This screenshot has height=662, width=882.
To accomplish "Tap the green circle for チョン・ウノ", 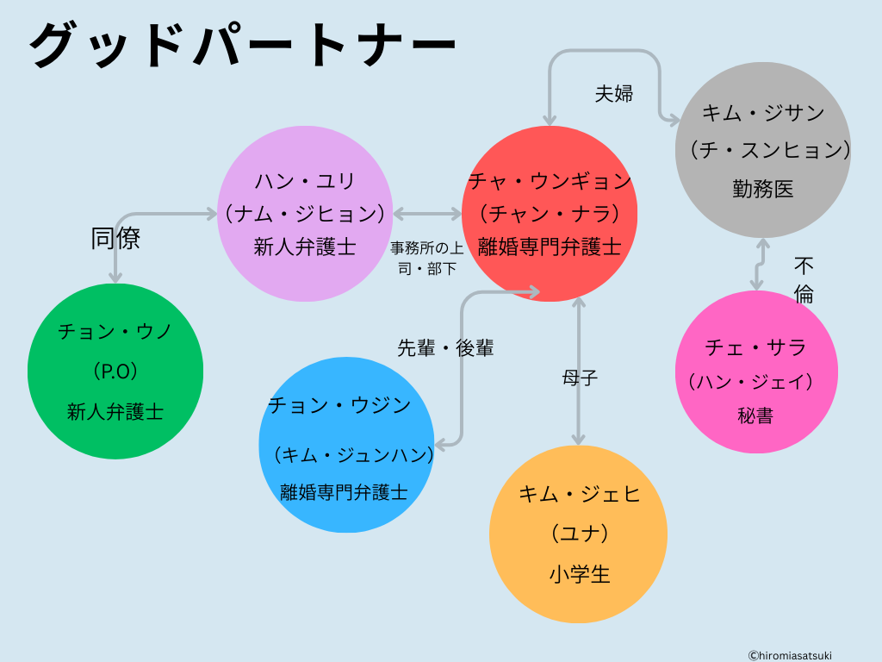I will coord(115,371).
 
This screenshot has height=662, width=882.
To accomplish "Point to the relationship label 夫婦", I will coord(614,94).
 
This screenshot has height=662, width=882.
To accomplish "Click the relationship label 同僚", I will coord(115,239).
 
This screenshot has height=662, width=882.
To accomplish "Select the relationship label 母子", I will coord(580,377).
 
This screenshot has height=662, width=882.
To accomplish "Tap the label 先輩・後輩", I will coord(445,348).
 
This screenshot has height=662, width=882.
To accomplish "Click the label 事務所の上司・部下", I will coord(427,258).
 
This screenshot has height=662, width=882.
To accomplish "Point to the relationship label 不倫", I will coord(804,279).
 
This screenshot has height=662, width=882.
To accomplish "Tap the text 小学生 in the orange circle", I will coord(579,574).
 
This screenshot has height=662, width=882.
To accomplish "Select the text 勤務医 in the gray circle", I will coord(763,189).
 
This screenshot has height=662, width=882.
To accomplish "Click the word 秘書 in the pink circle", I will coord(755,415).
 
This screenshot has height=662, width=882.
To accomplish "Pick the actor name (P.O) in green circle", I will coord(115,371).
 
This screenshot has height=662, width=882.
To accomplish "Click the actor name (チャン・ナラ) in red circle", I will coord(550,213).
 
